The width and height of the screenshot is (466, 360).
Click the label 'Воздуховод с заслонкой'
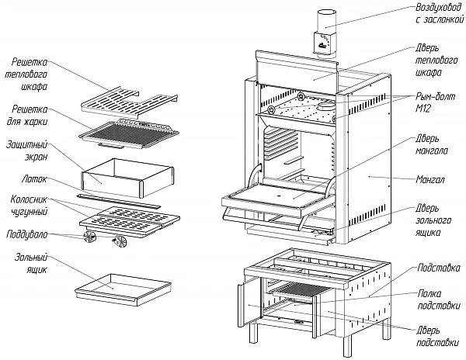click(x=440, y=13)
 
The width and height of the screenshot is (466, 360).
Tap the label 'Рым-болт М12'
click(x=436, y=102)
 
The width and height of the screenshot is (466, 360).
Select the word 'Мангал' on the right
click(x=430, y=179)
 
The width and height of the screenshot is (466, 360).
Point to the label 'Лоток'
click(x=34, y=179)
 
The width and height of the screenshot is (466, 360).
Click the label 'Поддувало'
click(x=27, y=234)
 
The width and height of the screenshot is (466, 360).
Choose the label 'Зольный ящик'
click(x=31, y=263)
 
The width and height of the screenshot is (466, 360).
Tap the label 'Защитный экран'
click(x=27, y=151)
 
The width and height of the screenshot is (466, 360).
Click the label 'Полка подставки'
click(x=439, y=299)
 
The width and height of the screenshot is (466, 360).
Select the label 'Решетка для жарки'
click(x=27, y=116)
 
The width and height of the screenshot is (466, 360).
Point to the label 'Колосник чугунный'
click(x=30, y=206)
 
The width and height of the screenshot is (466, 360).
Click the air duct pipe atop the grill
click(x=326, y=33)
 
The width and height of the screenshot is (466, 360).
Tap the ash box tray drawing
click(x=123, y=289)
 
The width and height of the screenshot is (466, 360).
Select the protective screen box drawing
click(x=127, y=177)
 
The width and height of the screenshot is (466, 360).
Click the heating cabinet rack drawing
click(x=129, y=102)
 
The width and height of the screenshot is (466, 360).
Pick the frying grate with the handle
click(x=129, y=133)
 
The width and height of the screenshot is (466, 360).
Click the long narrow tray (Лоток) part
click(x=118, y=201)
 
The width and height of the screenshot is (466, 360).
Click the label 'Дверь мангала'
click(x=432, y=144)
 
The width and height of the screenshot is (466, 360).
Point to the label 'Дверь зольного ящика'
click(x=433, y=220)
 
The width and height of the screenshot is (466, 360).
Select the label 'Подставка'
click(x=439, y=268)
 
